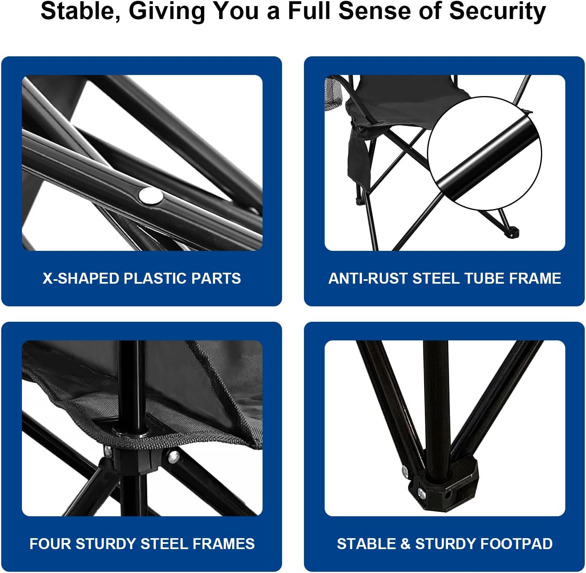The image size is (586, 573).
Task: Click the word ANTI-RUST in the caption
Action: (x=368, y=278)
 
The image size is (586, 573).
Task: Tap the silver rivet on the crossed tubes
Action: (x=151, y=195)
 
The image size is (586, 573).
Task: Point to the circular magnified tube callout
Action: (x=485, y=153)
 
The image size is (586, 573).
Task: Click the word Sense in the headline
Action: (x=373, y=11)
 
